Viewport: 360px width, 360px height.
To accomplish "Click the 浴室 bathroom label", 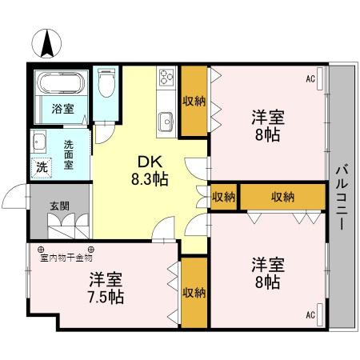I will click(x=63, y=108).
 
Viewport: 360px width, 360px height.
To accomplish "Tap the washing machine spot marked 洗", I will click(x=41, y=168).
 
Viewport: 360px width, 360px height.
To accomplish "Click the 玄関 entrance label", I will click(x=59, y=206).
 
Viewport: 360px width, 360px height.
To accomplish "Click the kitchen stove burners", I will click(x=167, y=78).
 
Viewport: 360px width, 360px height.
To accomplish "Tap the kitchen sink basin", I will click(x=166, y=122).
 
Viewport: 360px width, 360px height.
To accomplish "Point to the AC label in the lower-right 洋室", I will click(x=310, y=314).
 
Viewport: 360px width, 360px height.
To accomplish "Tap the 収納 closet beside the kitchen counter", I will click(x=194, y=101).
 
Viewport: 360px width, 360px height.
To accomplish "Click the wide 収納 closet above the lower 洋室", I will click(x=282, y=197).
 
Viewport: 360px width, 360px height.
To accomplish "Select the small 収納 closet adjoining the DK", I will click(x=224, y=197).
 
